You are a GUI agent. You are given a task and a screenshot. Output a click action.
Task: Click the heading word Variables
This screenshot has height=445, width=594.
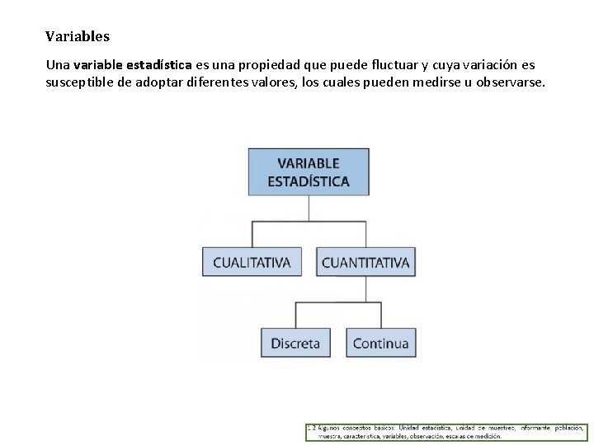tap(78, 37)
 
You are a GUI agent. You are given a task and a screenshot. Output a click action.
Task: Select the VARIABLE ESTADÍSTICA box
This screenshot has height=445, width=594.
tap(309, 171)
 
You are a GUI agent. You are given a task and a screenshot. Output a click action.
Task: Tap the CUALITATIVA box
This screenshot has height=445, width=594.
tap(252, 262)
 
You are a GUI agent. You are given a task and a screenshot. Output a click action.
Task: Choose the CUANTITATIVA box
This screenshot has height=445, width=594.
tap(365, 262)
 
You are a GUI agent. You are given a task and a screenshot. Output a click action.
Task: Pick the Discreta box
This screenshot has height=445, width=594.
tap(295, 343)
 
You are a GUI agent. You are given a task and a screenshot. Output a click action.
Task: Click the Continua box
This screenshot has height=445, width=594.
tap(380, 343)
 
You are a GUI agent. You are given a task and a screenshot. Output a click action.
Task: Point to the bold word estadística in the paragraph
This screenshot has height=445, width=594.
tap(158, 64)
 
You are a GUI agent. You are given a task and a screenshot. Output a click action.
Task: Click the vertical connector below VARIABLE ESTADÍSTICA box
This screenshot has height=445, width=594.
tap(309, 208)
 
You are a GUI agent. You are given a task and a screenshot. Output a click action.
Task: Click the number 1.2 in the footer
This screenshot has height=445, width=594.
tap(311, 428)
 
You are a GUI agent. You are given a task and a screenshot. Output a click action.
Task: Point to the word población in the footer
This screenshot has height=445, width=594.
tap(568, 428)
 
